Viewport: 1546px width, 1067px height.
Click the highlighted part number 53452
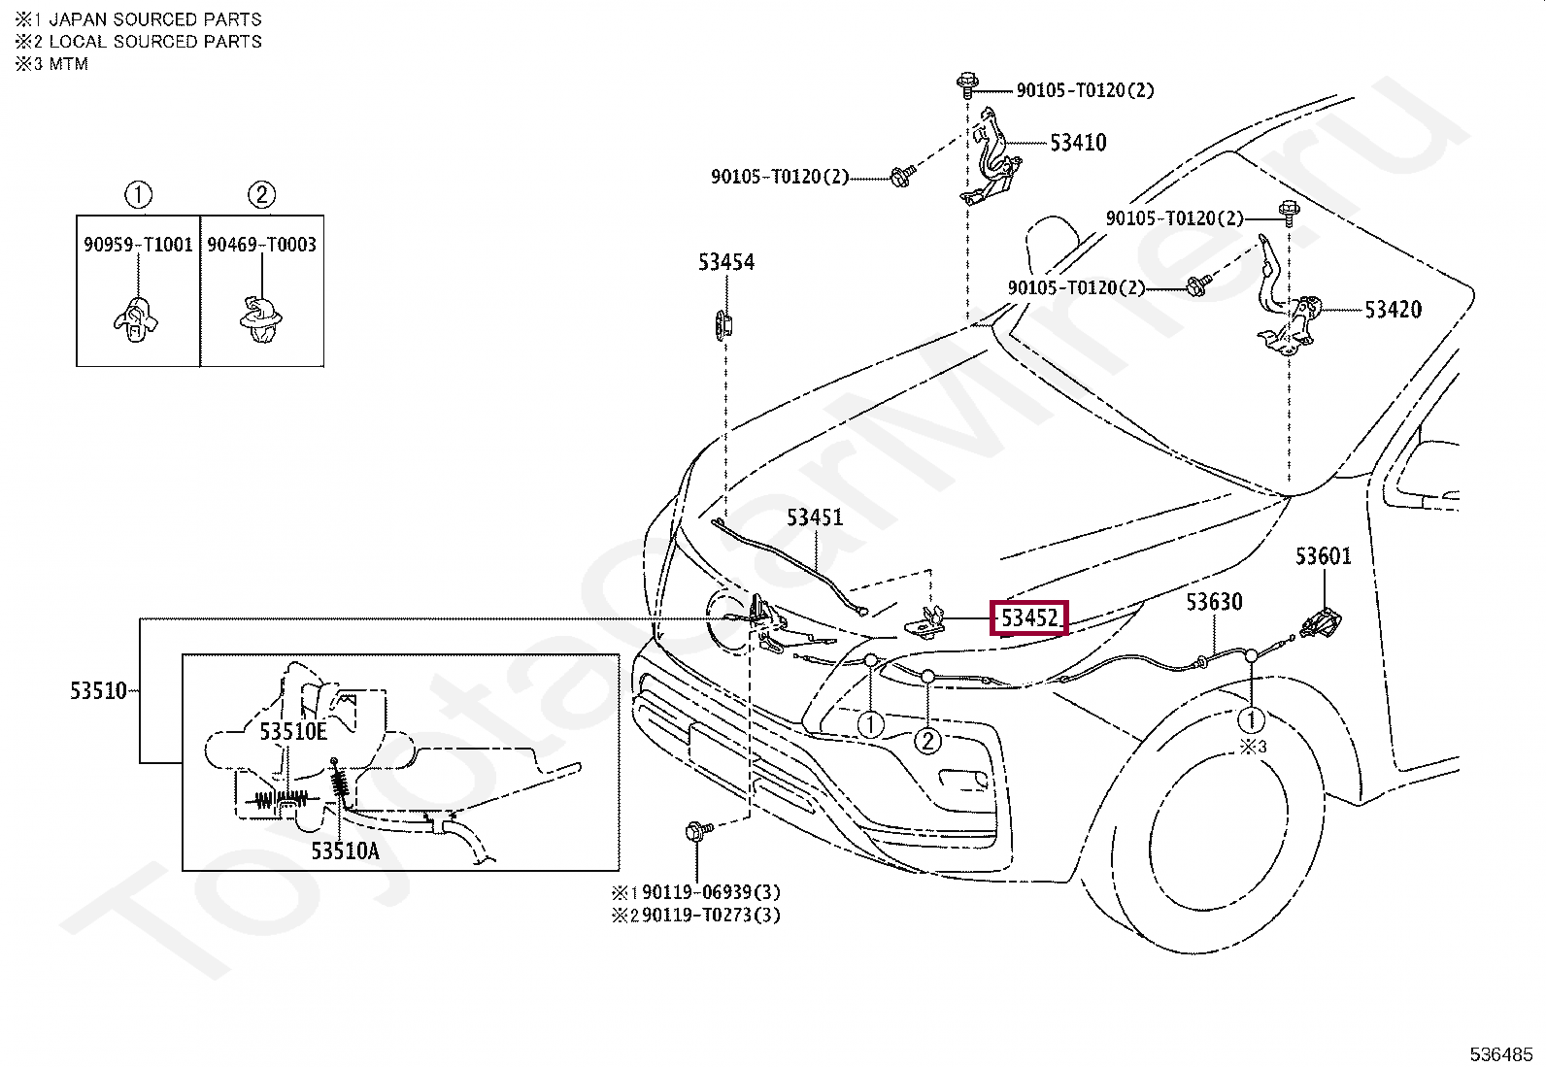pyautogui.click(x=1029, y=617)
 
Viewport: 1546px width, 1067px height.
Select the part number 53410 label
pyautogui.click(x=1078, y=143)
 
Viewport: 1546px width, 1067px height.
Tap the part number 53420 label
pyautogui.click(x=1393, y=310)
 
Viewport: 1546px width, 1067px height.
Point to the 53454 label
pyautogui.click(x=726, y=262)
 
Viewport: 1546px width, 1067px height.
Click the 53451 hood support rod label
pyautogui.click(x=815, y=517)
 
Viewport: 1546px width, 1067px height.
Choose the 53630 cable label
pyautogui.click(x=1214, y=602)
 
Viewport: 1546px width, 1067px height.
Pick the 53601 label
pyautogui.click(x=1323, y=556)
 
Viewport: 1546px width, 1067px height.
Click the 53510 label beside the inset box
pyautogui.click(x=99, y=691)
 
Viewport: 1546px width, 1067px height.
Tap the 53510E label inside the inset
pyautogui.click(x=293, y=732)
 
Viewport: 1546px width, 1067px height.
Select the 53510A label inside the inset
pyautogui.click(x=345, y=851)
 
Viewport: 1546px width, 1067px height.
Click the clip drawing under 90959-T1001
pyautogui.click(x=136, y=320)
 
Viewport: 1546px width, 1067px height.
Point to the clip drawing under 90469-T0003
pyautogui.click(x=261, y=320)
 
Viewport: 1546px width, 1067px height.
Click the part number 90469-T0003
pyautogui.click(x=261, y=245)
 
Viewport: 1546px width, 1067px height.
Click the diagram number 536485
pyautogui.click(x=1501, y=1054)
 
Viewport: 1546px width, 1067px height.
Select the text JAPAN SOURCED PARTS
pyautogui.click(x=155, y=19)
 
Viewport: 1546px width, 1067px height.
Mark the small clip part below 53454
pyautogui.click(x=723, y=324)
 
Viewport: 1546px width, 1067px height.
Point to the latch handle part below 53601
pyautogui.click(x=1321, y=623)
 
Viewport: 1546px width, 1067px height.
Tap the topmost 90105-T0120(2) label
pyautogui.click(x=1085, y=90)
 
